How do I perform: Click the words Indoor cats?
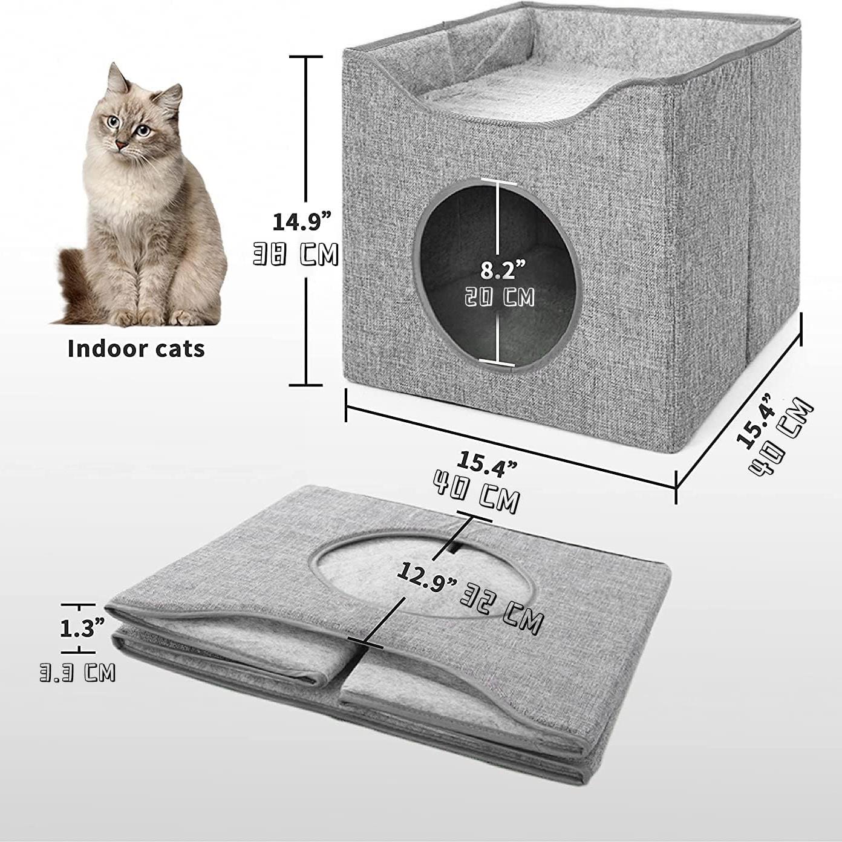click(x=136, y=348)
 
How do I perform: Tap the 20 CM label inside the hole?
click(x=500, y=297)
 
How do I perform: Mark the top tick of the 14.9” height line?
click(x=305, y=56)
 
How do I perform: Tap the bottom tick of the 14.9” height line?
click(x=305, y=385)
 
